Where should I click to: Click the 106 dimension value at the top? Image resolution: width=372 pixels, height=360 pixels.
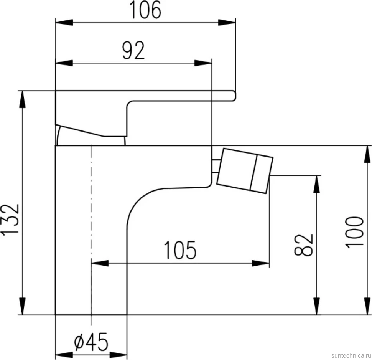(x=145, y=10)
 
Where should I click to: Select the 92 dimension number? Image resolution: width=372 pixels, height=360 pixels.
(x=133, y=50)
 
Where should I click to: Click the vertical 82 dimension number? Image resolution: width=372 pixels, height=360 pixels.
(x=304, y=245)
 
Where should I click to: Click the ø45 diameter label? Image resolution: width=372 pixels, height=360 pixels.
(x=91, y=342)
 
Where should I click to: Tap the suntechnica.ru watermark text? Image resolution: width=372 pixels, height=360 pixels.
(x=351, y=355)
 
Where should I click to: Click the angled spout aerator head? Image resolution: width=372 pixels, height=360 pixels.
(x=245, y=171)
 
